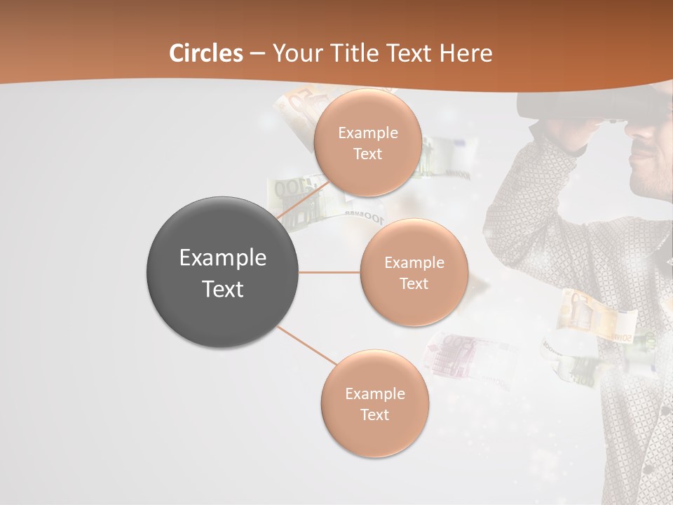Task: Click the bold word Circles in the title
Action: tap(206, 53)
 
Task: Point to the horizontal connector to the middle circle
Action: tap(329, 272)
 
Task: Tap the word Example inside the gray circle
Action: tap(222, 258)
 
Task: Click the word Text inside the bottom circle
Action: tap(374, 415)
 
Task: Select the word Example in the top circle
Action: tap(367, 133)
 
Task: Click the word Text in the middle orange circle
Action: tap(414, 284)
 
